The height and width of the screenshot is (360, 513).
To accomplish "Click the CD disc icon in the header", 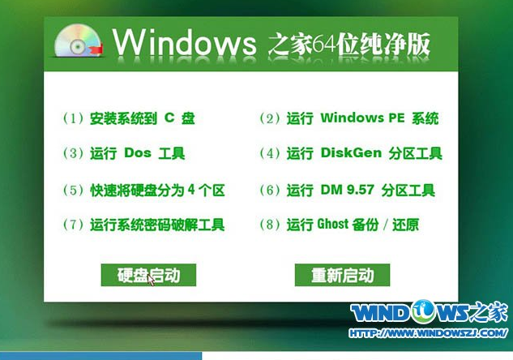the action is [x=78, y=41].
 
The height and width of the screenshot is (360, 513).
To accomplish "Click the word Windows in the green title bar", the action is [x=185, y=42].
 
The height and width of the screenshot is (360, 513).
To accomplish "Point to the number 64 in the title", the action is [x=324, y=44].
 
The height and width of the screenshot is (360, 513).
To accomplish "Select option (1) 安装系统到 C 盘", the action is [x=129, y=118].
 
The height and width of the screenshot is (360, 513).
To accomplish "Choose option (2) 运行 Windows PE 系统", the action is [x=348, y=118].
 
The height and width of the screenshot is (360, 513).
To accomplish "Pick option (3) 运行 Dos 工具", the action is [x=124, y=153].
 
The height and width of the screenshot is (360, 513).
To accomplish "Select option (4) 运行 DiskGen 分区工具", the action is [x=351, y=153].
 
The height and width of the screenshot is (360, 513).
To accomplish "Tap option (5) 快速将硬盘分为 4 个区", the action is [x=143, y=191].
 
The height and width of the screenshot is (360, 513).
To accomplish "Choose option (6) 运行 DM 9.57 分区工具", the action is [x=347, y=191].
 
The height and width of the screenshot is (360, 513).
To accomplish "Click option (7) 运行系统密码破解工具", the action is [x=143, y=225].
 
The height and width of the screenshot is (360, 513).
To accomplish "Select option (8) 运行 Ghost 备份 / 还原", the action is [x=339, y=225].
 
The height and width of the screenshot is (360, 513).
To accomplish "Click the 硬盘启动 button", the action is [x=148, y=275].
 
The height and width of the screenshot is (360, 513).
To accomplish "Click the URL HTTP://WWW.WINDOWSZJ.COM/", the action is [x=428, y=333].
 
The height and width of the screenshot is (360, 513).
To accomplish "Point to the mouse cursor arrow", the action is [x=151, y=280].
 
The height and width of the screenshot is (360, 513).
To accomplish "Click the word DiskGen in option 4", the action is [x=351, y=152].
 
